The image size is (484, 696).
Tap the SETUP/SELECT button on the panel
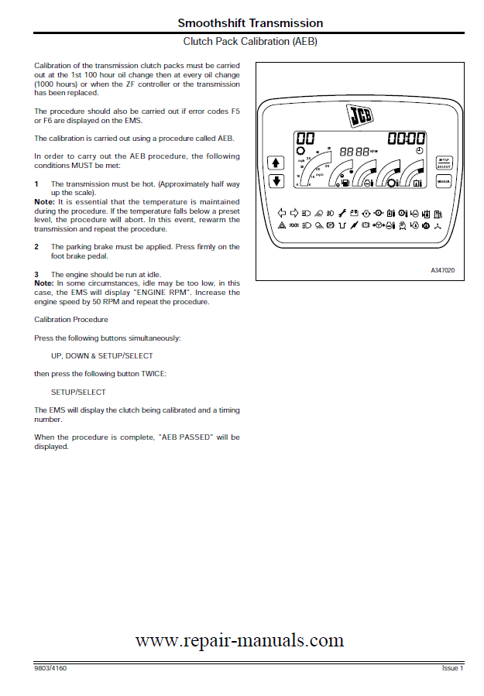point(444,161)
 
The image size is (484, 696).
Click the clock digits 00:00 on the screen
point(406,139)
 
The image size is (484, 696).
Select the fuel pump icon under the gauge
point(345,183)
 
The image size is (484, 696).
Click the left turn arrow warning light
point(282,211)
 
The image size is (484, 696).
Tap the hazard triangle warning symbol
point(282,225)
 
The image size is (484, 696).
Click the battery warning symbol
point(354,211)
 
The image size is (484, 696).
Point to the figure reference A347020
point(443,269)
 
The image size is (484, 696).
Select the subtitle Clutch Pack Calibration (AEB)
point(250,41)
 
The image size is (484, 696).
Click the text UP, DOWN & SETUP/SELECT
point(102,355)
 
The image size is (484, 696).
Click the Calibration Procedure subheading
point(71,319)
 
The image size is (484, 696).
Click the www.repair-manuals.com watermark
point(239,640)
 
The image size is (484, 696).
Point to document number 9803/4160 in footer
point(50,667)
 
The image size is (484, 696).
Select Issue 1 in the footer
point(452,667)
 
